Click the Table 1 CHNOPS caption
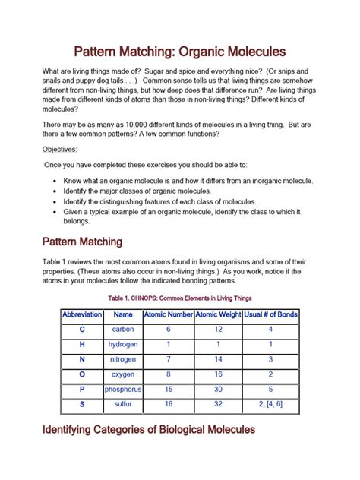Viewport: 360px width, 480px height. [179, 298]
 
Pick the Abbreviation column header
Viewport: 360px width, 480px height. [82, 314]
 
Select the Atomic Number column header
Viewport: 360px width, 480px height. [168, 314]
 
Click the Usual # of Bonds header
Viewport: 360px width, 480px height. [270, 314]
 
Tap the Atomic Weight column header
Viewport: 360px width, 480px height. [218, 314]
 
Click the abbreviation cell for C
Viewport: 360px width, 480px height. [82, 330]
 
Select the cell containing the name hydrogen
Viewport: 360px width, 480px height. [123, 344]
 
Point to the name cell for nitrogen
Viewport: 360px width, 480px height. [123, 359]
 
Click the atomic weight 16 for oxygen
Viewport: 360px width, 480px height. [218, 374]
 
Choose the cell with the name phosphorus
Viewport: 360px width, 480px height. [123, 389]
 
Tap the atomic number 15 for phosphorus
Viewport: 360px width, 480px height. [168, 389]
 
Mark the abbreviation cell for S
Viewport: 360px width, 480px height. [82, 404]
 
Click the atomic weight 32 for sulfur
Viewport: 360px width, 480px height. [218, 404]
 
